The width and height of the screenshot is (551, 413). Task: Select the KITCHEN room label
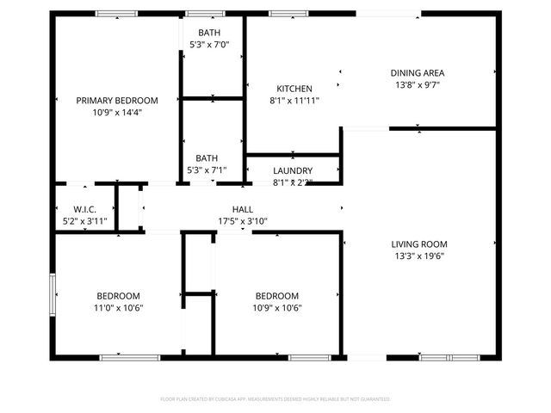[294, 89]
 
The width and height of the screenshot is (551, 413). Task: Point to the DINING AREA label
[417, 73]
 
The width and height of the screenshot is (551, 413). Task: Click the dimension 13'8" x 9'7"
[417, 85]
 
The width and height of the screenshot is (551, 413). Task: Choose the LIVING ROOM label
[419, 243]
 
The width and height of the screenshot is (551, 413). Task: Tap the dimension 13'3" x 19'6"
[419, 256]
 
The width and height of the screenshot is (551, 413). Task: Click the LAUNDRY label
[293, 170]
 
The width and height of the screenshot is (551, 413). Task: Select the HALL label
[243, 209]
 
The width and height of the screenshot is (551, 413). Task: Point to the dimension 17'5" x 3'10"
[243, 221]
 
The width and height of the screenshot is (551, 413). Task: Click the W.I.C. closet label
[84, 209]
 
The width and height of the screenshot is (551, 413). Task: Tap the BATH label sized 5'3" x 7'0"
[207, 33]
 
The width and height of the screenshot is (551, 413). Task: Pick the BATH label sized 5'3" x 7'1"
[207, 157]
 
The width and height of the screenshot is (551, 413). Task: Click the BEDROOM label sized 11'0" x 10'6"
[118, 295]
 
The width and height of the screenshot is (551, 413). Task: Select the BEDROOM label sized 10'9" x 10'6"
[276, 295]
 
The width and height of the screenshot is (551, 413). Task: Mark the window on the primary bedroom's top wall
[115, 14]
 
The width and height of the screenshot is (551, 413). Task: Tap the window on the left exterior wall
[53, 295]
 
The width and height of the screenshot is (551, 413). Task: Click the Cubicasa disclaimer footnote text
[275, 399]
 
